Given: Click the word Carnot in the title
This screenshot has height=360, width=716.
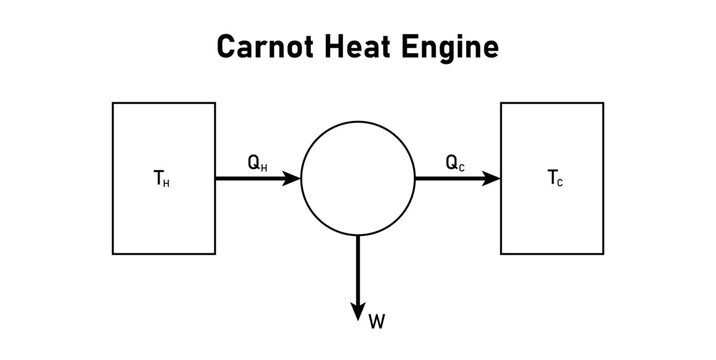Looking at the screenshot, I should click(261, 47).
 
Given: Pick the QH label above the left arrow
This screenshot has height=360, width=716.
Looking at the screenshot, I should click(257, 161).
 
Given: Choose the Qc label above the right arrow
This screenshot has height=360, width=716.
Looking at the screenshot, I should click(455, 161).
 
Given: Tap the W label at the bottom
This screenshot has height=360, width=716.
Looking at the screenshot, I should click(376, 321).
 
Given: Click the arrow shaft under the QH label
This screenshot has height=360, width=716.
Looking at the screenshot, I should click(250, 179).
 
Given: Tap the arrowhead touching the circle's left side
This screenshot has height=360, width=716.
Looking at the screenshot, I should click(292, 179).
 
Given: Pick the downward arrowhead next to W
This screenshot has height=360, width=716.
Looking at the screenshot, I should click(358, 311).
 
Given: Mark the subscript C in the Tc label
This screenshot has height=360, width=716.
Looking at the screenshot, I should click(560, 184).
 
